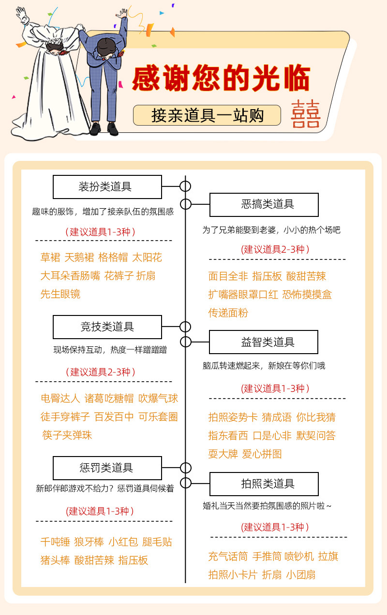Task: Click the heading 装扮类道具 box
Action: [107, 187]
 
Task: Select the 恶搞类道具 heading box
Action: [264, 204]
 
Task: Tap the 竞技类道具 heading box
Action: [107, 327]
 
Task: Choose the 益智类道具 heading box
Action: [264, 342]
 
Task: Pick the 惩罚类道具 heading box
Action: [107, 468]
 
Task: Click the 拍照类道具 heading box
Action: [264, 484]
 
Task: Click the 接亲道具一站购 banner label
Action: [207, 115]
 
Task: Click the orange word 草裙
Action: [50, 257]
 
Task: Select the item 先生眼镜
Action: [60, 294]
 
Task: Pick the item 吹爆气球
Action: [158, 398]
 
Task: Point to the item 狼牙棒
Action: [89, 542]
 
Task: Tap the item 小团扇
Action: [300, 574]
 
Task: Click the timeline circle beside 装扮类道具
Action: [185, 186]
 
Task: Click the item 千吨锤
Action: [55, 542]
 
